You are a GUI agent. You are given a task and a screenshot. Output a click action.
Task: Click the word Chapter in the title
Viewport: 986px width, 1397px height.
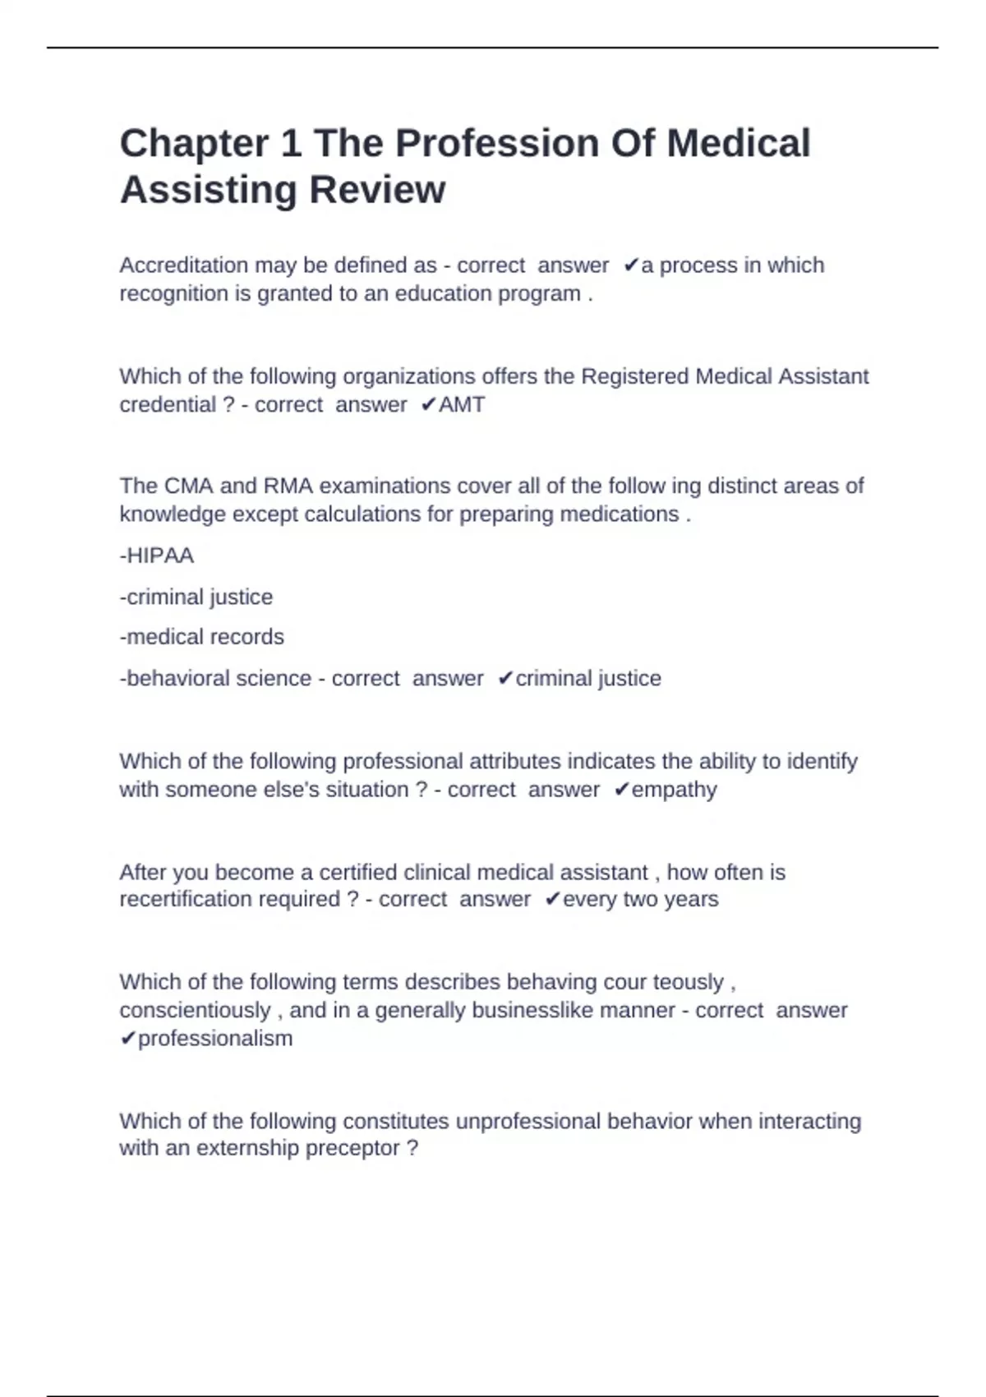194,144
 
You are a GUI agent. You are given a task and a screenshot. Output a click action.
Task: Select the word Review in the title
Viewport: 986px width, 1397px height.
377,190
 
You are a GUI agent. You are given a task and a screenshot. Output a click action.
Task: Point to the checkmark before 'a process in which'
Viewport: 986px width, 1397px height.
630,265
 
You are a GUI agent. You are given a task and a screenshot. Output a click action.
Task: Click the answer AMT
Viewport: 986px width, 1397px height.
462,404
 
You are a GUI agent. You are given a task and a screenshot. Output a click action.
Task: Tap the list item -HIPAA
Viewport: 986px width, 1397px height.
157,556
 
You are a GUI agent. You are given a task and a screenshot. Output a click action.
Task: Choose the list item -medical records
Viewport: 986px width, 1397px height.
202,637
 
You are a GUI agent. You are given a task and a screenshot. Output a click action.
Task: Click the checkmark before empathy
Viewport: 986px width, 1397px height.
621,790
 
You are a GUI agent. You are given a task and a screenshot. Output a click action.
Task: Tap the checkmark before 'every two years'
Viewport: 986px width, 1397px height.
552,899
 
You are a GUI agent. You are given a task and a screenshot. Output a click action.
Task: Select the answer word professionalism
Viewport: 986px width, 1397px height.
215,1039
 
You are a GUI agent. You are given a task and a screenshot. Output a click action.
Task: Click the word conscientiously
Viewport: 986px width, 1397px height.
195,1010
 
